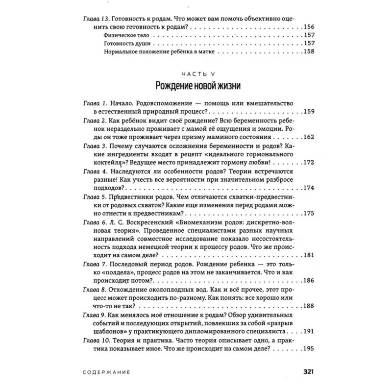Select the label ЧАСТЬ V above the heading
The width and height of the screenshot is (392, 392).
[196, 71]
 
